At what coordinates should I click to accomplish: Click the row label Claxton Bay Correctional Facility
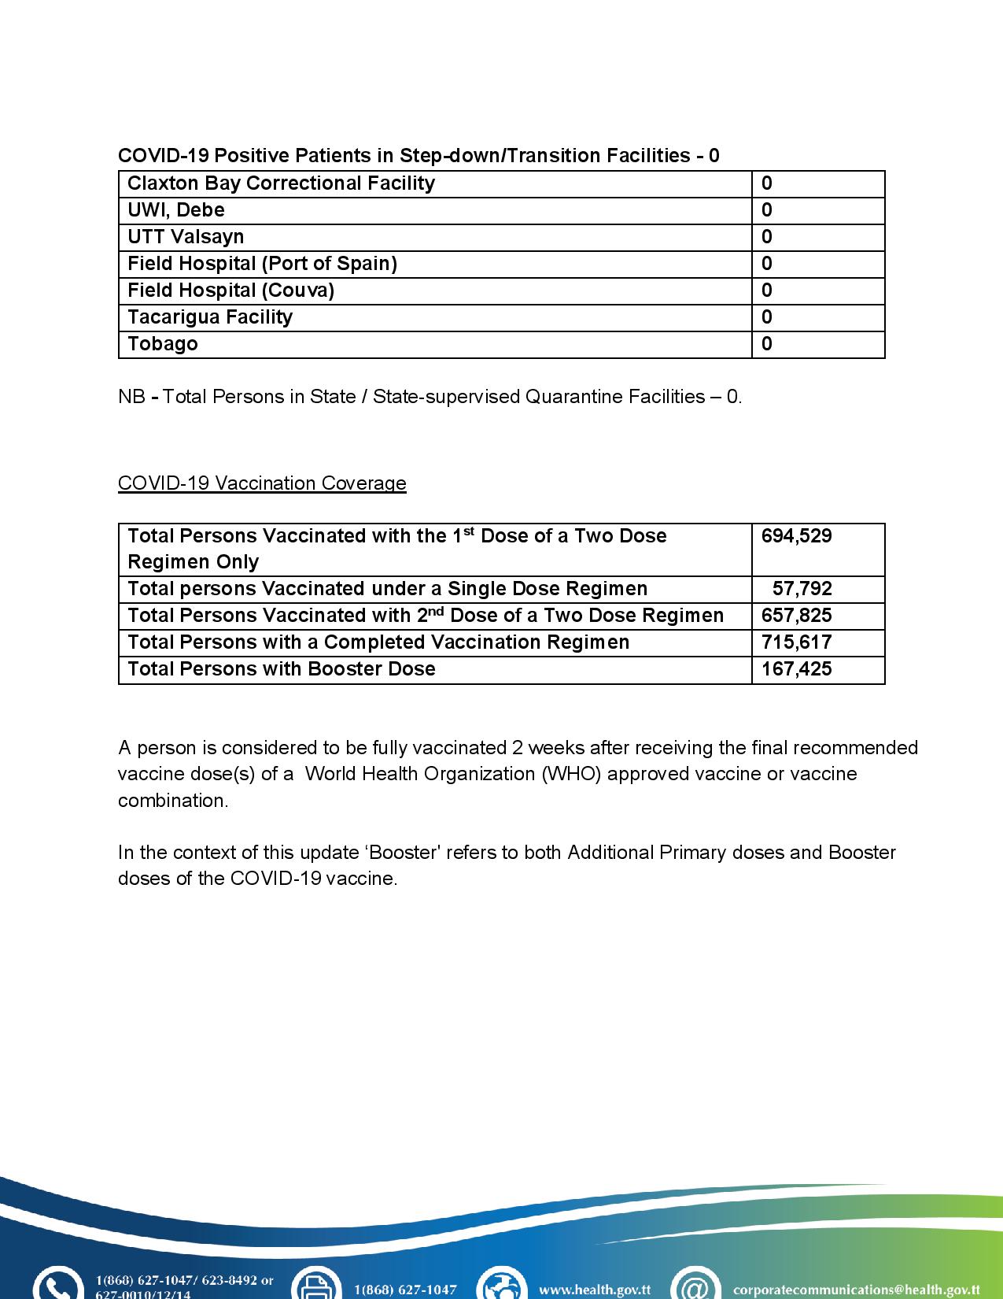281,183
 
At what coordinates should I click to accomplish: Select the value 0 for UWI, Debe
767,210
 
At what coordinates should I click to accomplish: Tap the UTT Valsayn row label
186,237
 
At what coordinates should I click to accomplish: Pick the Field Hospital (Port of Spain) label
262,264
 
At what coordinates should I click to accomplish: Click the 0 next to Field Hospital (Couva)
767,291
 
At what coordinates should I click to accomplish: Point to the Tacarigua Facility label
210,317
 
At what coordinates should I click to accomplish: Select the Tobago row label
163,344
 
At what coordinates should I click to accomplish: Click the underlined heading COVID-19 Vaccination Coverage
262,483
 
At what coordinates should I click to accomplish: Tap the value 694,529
796,536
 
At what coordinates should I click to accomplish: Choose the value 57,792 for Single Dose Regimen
802,589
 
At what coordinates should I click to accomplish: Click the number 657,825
796,616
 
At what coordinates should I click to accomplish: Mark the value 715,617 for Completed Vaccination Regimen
796,642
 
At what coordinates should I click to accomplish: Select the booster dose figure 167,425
796,669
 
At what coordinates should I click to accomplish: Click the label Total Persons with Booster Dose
281,669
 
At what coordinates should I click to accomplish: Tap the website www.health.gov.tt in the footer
594,1290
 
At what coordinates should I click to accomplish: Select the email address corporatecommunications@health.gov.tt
856,1290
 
